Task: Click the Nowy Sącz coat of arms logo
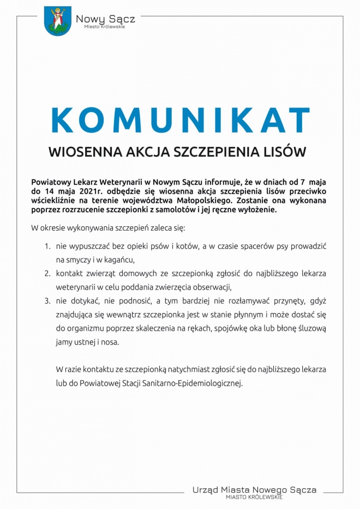coord(58,21)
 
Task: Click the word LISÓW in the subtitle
coord(285,152)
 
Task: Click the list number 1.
coord(47,247)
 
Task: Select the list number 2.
coord(47,273)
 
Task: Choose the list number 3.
coord(47,301)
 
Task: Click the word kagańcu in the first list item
coord(117,260)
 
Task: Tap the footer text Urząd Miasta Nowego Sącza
coord(254,490)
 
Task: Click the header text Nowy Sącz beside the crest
coord(105,19)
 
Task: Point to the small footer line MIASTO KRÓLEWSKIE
coord(254,498)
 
